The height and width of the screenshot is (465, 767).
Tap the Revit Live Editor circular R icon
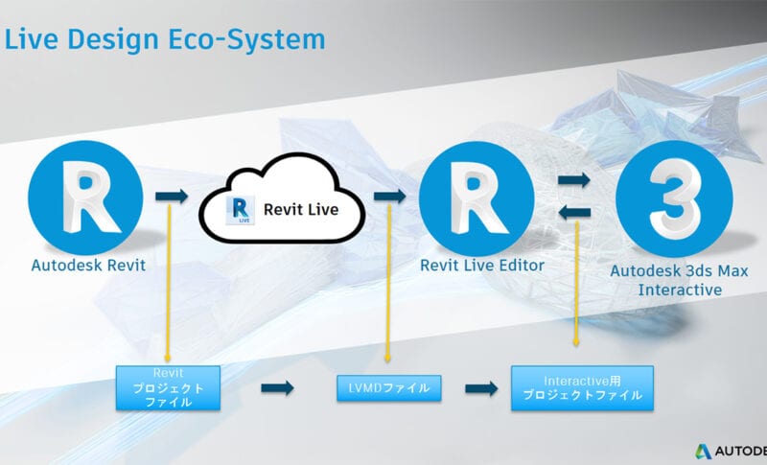[x=476, y=197]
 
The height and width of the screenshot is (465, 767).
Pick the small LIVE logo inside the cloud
[x=240, y=210]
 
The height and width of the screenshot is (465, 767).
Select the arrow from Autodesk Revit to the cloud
[x=173, y=196]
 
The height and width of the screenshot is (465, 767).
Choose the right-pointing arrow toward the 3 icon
[x=573, y=179]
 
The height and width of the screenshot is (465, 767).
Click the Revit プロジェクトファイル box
[x=168, y=387]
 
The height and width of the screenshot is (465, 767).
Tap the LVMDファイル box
[x=388, y=388]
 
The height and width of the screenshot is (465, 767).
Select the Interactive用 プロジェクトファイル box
[x=582, y=387]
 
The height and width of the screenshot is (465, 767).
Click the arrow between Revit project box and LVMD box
[x=277, y=388]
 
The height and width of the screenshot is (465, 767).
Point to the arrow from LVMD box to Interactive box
[x=481, y=388]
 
